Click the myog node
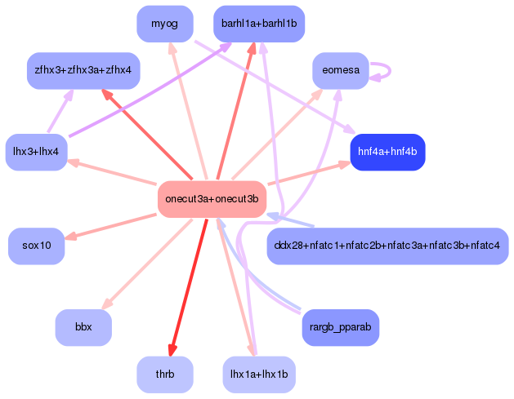[x=165, y=24]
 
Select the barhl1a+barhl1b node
[x=258, y=24]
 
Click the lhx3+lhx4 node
[x=36, y=152]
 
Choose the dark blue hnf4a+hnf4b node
[x=387, y=152]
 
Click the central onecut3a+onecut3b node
[x=212, y=199]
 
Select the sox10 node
[x=36, y=246]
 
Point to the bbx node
[x=83, y=327]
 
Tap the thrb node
[x=165, y=375]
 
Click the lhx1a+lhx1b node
[x=258, y=375]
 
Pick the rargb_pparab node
[x=341, y=327]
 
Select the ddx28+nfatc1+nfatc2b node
[x=387, y=246]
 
